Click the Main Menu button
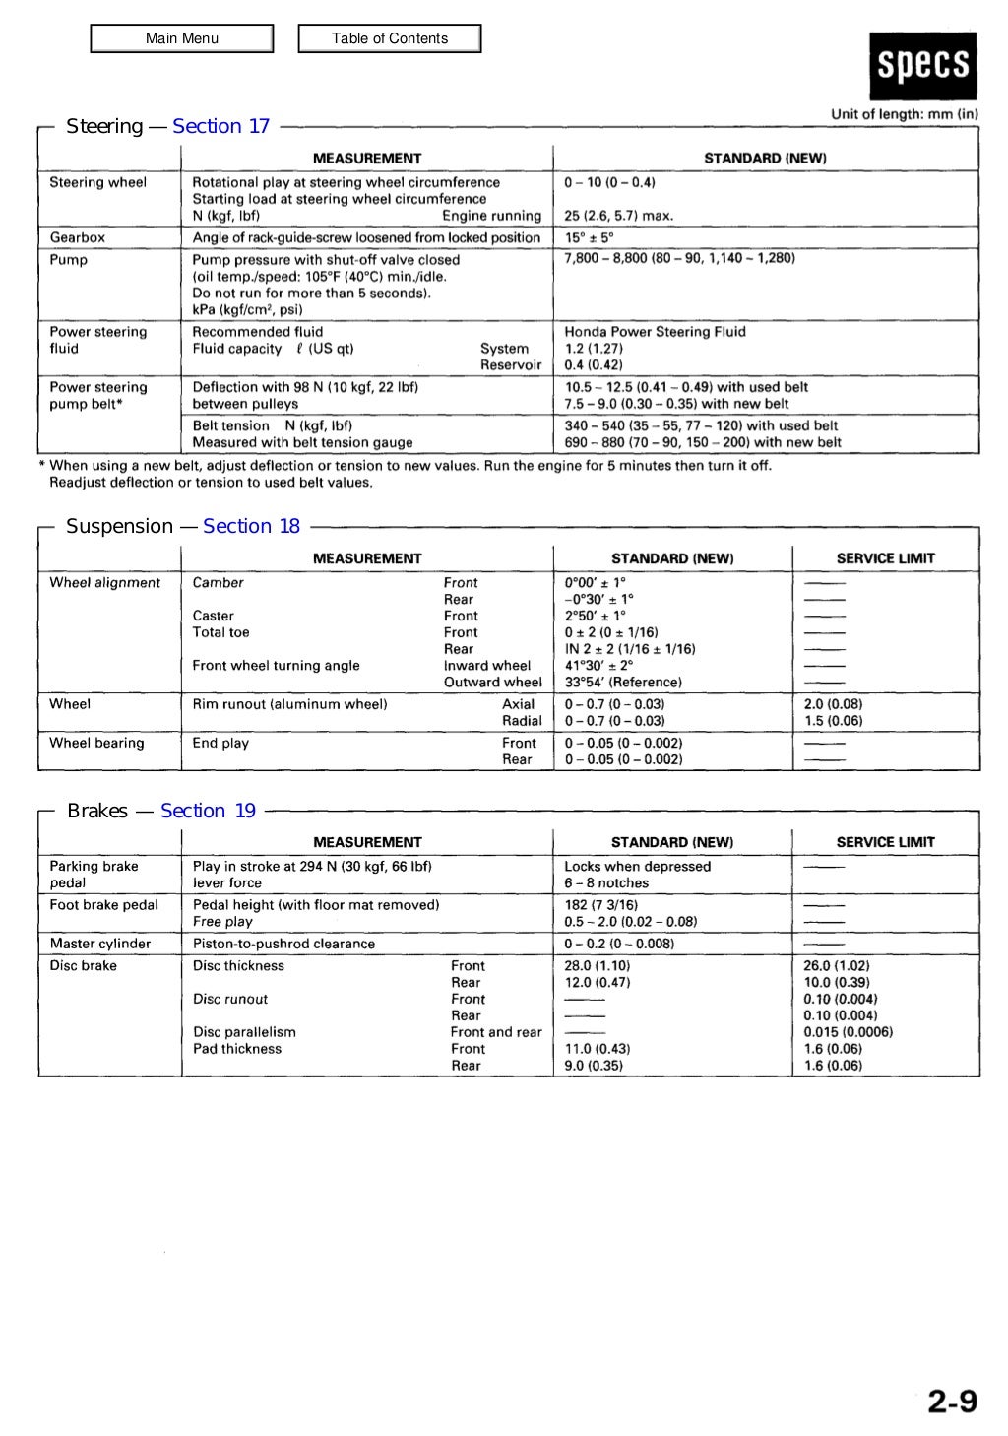182,38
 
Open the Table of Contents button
390,38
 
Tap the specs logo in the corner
923,66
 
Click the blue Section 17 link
220,126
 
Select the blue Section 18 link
251,526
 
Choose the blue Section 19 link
208,811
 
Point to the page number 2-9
952,1401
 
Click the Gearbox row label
78,237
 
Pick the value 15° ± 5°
590,237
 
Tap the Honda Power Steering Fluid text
655,332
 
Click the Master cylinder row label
100,944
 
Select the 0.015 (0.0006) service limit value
848,1032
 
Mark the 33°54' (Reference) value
623,682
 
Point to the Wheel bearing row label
96,743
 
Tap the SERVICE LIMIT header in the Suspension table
885,558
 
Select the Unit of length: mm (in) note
904,113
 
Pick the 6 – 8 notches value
606,883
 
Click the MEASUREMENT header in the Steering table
366,158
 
